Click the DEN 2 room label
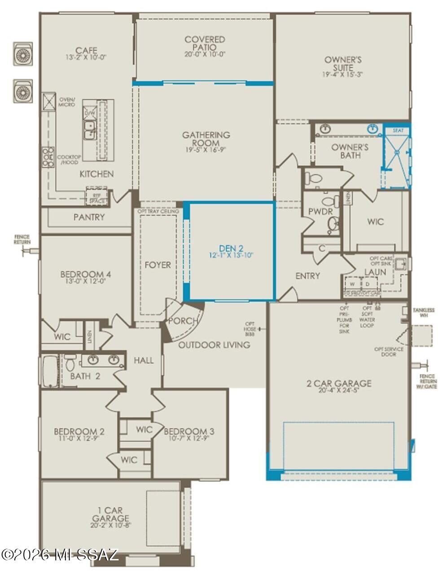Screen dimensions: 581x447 [231, 248]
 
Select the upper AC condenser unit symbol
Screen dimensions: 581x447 [22, 55]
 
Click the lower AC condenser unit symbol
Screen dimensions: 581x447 [22, 92]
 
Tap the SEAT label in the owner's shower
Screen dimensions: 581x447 [398, 131]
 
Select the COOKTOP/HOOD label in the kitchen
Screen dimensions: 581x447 [69, 160]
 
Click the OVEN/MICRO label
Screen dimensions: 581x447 [67, 102]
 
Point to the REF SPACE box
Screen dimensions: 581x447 [96, 198]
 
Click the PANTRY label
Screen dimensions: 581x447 [89, 217]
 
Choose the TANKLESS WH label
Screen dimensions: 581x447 [423, 313]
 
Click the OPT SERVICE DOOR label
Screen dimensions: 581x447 [389, 351]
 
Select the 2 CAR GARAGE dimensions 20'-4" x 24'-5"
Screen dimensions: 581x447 [338, 391]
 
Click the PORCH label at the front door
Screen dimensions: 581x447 [183, 321]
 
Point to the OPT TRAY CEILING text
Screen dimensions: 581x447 [158, 211]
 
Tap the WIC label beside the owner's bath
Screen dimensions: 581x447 [375, 222]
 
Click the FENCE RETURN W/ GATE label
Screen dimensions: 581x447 [427, 381]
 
